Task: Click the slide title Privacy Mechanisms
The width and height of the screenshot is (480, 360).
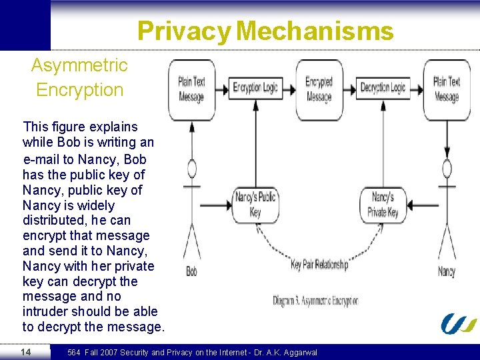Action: tap(265, 31)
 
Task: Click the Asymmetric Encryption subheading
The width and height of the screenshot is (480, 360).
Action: tap(79, 77)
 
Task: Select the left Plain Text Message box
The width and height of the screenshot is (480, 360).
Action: tap(191, 89)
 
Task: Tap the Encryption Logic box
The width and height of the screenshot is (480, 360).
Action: tap(255, 87)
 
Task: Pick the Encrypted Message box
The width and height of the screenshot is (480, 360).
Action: tap(319, 89)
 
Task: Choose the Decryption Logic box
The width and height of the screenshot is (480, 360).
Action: tap(383, 87)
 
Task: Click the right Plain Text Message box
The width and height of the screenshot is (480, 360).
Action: tap(447, 89)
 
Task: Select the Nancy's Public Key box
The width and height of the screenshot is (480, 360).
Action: tap(255, 205)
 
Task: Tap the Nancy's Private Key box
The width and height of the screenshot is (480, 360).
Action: tap(383, 205)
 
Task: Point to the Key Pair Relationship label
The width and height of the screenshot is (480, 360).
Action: tap(319, 265)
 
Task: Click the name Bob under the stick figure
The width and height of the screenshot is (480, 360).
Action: tap(191, 271)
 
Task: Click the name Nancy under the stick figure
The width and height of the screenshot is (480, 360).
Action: tap(447, 271)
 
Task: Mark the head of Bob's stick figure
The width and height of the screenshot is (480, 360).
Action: tap(192, 169)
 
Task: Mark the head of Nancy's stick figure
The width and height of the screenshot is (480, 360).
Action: tap(447, 169)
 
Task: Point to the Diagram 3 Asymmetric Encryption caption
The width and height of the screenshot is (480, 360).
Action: tap(315, 301)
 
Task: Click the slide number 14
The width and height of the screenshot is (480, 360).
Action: tap(25, 351)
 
